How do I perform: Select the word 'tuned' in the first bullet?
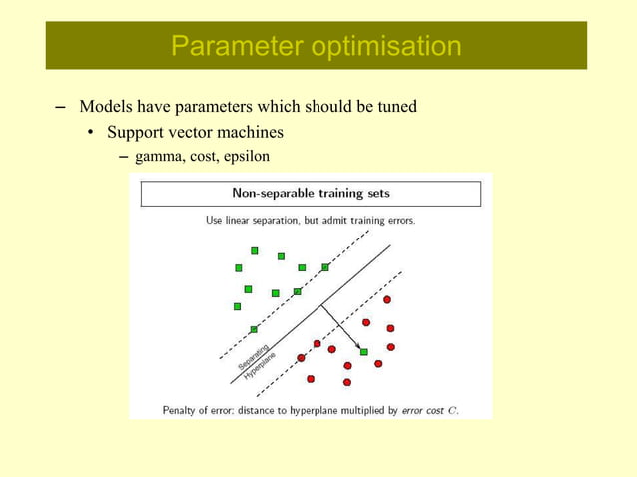pos(394,106)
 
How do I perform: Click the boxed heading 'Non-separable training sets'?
pos(311,192)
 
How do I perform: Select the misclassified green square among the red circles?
pos(363,352)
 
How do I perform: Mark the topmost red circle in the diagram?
pos(387,299)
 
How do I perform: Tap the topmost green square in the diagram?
pos(255,250)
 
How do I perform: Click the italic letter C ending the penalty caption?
pos(453,410)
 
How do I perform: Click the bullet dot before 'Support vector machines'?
pos(90,133)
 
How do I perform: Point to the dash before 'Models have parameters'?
pos(59,107)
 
